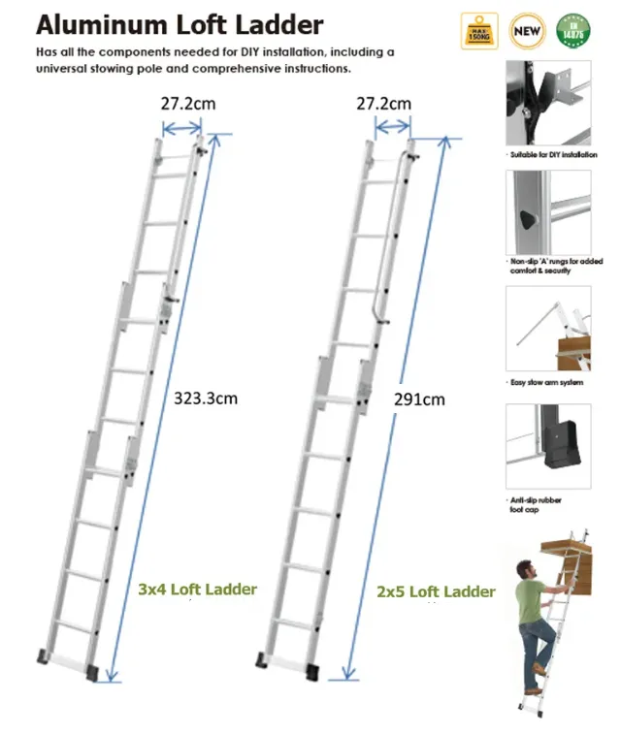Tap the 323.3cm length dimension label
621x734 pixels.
click(x=206, y=397)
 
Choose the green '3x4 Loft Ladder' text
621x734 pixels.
click(x=197, y=589)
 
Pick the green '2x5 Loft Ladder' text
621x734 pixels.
click(x=436, y=590)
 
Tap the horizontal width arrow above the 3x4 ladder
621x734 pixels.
click(x=181, y=128)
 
